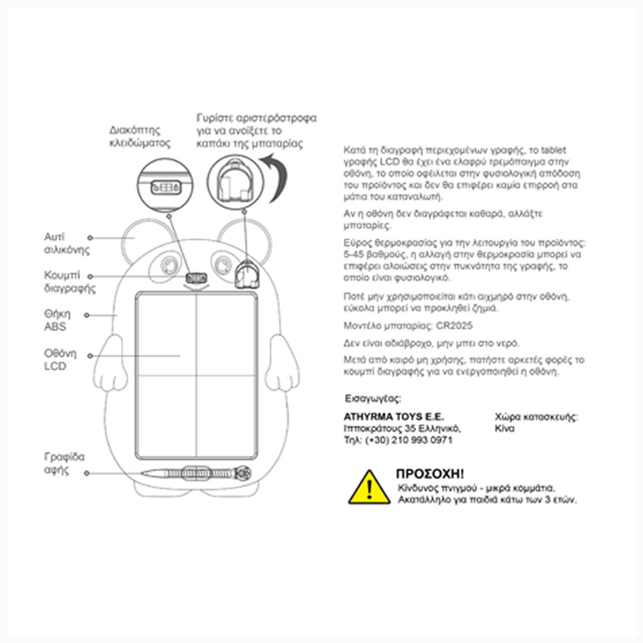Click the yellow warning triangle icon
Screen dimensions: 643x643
[369, 487]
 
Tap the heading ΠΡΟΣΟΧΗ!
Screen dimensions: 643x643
[430, 474]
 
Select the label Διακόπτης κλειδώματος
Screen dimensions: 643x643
[140, 135]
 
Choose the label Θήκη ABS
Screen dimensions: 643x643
[56, 320]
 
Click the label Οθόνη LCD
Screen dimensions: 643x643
[57, 359]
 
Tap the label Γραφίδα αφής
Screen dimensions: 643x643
[64, 463]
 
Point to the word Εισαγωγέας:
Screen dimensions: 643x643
[373, 399]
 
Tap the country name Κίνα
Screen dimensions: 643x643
[505, 428]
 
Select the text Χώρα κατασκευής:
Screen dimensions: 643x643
[536, 417]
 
